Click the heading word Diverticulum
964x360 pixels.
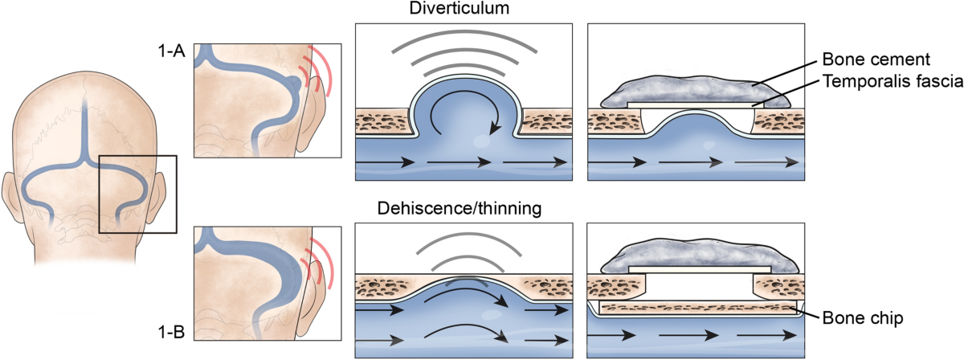tap(464, 10)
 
